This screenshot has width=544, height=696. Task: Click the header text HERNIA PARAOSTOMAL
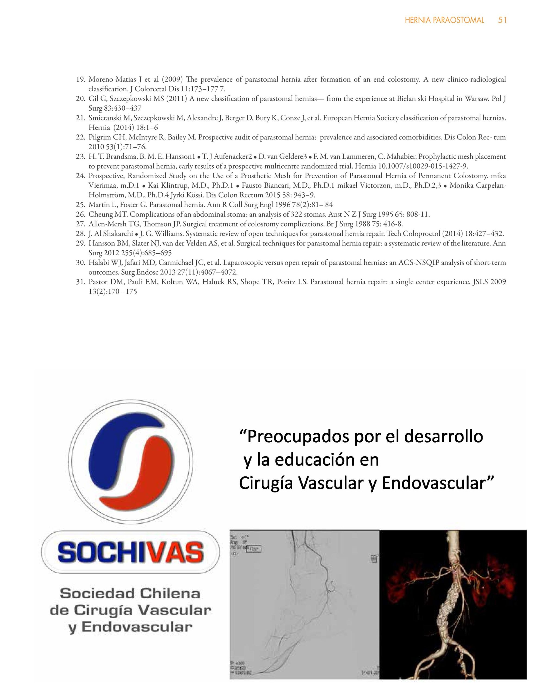[444, 20]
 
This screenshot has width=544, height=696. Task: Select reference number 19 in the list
[80, 79]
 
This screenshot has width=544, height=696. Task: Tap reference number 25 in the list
[80, 205]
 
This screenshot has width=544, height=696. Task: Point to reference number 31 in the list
[80, 282]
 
